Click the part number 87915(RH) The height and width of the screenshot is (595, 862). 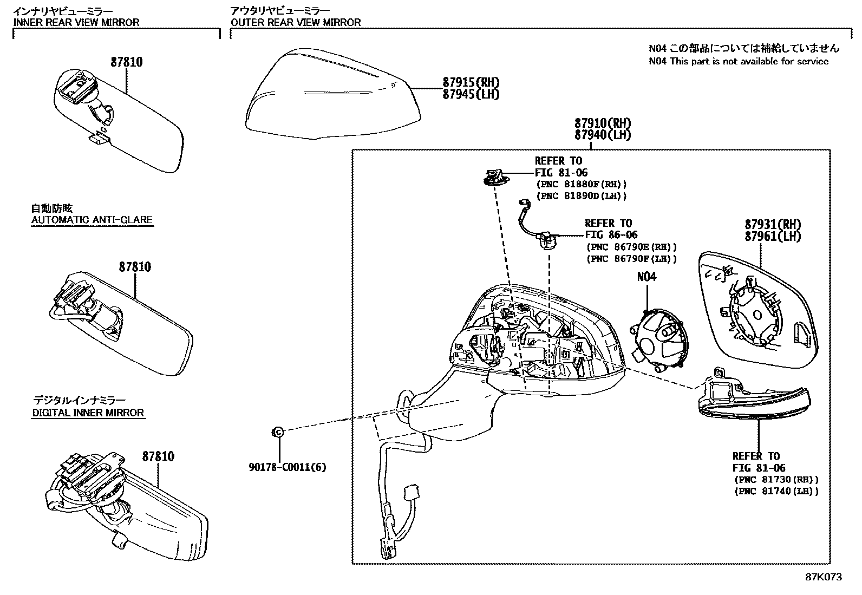point(471,83)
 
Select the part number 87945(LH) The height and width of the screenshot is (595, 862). point(471,94)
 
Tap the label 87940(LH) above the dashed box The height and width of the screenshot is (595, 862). point(603,135)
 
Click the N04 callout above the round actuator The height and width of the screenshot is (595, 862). point(646,277)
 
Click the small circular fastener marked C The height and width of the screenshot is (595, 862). point(277,431)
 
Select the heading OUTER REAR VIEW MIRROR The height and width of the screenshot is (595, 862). point(296,22)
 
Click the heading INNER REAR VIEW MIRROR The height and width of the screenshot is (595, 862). point(76,22)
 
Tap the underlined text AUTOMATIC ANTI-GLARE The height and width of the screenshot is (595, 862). point(92,220)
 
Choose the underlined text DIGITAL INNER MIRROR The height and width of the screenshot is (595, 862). point(88,413)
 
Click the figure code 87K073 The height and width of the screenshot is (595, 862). point(824,577)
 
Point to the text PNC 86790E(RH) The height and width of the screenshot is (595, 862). point(631,247)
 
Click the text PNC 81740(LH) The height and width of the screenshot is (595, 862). point(776,491)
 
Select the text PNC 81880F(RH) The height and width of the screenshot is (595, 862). point(581,184)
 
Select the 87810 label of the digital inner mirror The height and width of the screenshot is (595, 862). point(158,456)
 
